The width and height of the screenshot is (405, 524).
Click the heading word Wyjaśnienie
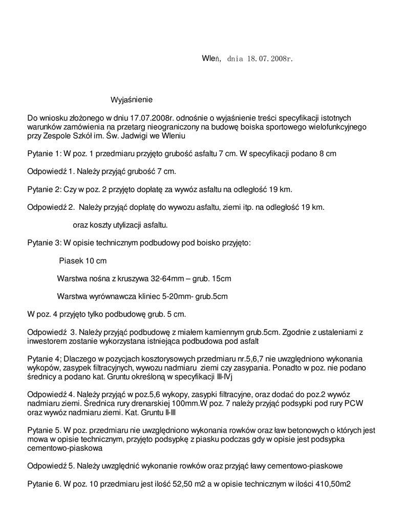pyautogui.click(x=132, y=99)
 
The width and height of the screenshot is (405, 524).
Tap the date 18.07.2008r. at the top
pyautogui.click(x=270, y=59)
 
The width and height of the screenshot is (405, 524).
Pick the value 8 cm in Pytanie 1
pyautogui.click(x=327, y=154)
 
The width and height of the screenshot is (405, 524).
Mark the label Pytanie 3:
pyautogui.click(x=45, y=243)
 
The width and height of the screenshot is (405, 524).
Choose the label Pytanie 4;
pyautogui.click(x=45, y=359)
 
